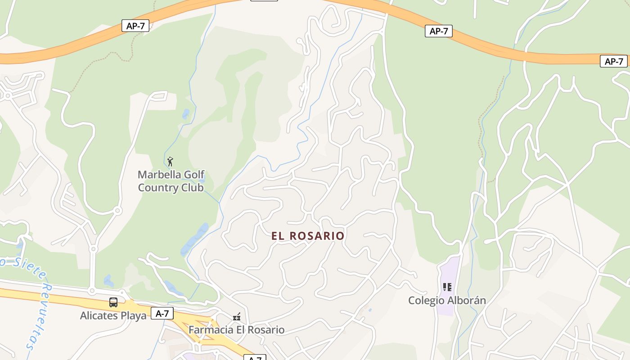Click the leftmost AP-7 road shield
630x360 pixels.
[x=135, y=26]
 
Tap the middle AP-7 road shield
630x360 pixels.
[x=438, y=31]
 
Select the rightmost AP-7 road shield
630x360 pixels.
[x=613, y=61]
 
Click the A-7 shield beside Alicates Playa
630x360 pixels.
[x=162, y=313]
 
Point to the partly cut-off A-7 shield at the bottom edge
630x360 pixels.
[x=255, y=358]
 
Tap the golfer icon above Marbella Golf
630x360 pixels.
[x=170, y=162]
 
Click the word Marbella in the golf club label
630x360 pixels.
[x=159, y=175]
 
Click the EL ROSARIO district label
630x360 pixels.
[x=308, y=236]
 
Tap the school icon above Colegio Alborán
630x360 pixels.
[x=447, y=287]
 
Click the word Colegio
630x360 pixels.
[x=425, y=300]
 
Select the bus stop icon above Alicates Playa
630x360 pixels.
[x=113, y=302]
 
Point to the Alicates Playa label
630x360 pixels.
[x=113, y=315]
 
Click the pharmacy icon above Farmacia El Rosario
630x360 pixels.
[x=237, y=317]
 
